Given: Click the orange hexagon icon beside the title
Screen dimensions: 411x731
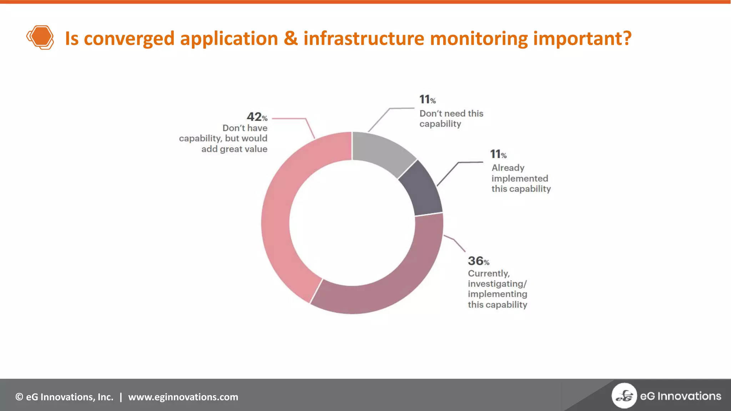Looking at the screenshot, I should coord(40,37).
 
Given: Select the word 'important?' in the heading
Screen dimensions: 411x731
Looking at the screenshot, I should coord(582,39).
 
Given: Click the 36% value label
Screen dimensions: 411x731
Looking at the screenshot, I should coord(478,261).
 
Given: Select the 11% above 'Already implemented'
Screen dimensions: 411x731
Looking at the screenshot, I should coord(498,154).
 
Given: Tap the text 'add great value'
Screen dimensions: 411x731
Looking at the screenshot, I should coord(234,149).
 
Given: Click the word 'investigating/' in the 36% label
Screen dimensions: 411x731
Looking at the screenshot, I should coord(497,284).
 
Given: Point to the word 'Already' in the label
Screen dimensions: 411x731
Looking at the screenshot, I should coord(508,168).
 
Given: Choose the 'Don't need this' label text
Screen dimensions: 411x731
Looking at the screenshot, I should coord(451,113).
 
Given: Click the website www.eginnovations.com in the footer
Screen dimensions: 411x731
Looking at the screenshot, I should coord(183,397).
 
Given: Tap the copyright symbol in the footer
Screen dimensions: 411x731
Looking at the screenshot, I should coord(19,397).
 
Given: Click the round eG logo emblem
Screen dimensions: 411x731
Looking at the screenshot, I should coord(624,396).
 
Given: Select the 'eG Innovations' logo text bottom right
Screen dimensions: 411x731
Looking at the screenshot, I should coord(680,396).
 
